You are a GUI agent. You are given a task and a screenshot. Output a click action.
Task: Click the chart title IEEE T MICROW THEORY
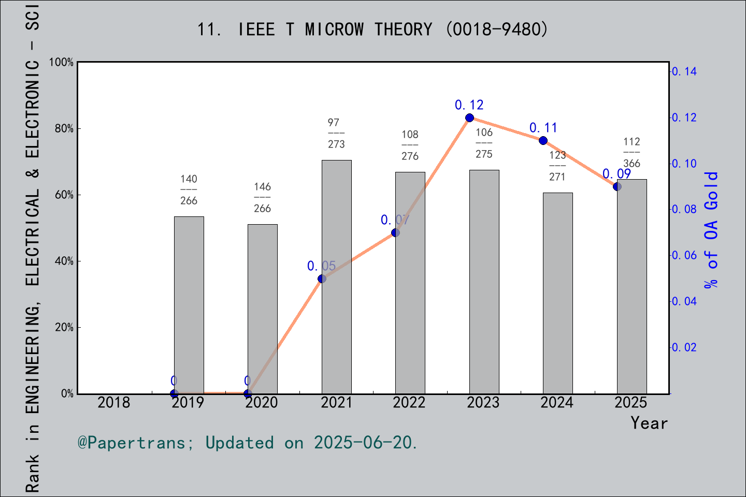click(x=372, y=30)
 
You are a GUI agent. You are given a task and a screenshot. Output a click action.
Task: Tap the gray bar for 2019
click(x=189, y=305)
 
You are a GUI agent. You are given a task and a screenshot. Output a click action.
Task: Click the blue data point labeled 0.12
click(x=469, y=118)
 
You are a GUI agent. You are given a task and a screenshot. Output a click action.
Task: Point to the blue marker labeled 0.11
click(x=543, y=141)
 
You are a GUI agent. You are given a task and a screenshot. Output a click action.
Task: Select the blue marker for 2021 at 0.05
click(x=322, y=279)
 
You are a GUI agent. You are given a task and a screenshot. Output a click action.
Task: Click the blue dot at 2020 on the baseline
click(x=248, y=393)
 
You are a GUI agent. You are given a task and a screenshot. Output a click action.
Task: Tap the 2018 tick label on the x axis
click(x=114, y=402)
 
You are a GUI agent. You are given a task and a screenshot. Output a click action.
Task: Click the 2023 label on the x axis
click(x=483, y=402)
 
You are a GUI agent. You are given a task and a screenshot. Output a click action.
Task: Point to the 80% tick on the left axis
click(x=64, y=129)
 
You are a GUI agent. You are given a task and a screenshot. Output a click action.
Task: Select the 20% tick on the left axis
click(x=64, y=328)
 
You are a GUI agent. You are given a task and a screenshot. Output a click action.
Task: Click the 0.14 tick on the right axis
click(x=684, y=71)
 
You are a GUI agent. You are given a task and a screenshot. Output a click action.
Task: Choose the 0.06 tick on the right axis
click(x=684, y=255)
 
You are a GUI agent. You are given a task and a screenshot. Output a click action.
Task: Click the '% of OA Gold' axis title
click(x=711, y=230)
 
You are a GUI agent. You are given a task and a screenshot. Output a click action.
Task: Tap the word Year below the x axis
click(x=649, y=423)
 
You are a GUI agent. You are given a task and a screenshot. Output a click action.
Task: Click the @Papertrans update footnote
click(x=248, y=443)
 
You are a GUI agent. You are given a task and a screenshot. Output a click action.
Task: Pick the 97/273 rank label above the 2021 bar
click(x=336, y=133)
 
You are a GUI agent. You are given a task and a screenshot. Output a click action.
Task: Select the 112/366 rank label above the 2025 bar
click(x=632, y=152)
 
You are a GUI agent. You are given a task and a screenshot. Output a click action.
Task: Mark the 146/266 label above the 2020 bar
click(x=262, y=197)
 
